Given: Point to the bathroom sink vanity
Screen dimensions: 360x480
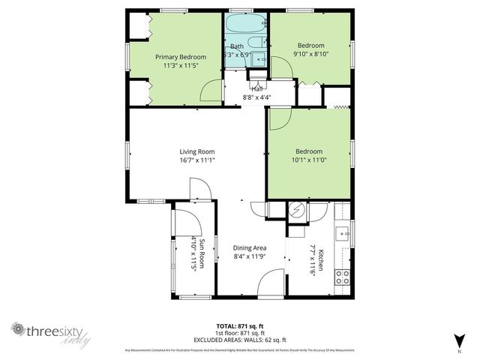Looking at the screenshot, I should click(259, 58).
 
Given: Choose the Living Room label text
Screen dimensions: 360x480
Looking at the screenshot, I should click(197, 151).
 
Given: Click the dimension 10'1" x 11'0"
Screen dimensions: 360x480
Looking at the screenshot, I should click(308, 159).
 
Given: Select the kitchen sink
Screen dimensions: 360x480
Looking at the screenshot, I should click(343, 233).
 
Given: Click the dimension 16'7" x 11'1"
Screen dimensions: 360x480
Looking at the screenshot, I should click(197, 160).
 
